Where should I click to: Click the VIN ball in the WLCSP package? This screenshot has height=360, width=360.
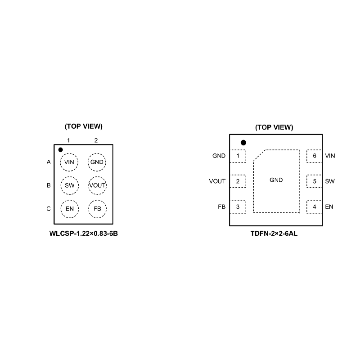click(x=69, y=162)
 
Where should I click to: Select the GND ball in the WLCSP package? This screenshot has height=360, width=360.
click(x=97, y=162)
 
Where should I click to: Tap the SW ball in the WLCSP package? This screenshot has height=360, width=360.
click(x=69, y=185)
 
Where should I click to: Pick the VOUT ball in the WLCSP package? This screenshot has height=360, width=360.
click(x=97, y=185)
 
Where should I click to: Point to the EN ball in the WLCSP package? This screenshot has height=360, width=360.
click(x=69, y=209)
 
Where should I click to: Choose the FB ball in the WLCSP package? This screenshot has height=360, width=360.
click(x=97, y=209)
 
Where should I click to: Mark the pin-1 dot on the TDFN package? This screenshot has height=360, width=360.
click(x=243, y=143)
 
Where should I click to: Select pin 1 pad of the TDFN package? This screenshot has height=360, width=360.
click(x=238, y=156)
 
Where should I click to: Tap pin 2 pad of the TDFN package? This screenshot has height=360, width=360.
click(x=238, y=182)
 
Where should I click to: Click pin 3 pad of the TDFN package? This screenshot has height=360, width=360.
click(x=238, y=207)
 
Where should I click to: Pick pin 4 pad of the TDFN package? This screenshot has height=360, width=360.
click(x=314, y=207)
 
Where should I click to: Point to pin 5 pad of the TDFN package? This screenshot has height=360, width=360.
click(x=314, y=182)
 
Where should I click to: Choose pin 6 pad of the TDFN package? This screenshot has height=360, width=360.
click(x=314, y=156)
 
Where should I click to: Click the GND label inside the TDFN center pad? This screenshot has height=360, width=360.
click(x=276, y=180)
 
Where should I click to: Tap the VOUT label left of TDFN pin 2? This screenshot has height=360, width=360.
click(x=217, y=182)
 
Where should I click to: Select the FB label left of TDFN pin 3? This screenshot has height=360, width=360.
click(x=221, y=207)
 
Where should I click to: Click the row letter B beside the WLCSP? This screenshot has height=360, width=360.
click(x=49, y=185)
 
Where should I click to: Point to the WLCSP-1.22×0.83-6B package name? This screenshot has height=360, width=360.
click(x=84, y=234)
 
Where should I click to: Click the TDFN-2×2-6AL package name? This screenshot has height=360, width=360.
click(x=274, y=234)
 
